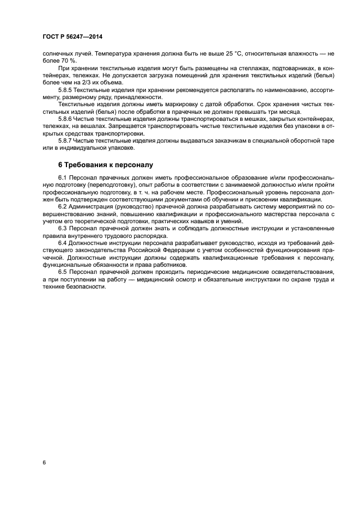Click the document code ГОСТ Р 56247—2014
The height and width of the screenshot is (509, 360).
pyautogui.click(x=72, y=36)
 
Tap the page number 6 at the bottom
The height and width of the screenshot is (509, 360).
pyautogui.click(x=44, y=462)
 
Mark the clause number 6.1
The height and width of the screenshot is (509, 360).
pyautogui.click(x=62, y=177)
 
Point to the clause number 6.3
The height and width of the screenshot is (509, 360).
pyautogui.click(x=62, y=229)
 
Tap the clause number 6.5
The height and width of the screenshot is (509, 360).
pyautogui.click(x=62, y=271)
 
